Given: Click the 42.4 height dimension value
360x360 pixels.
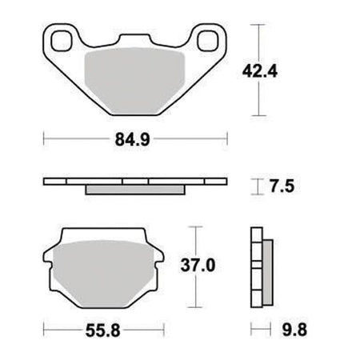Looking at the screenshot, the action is pyautogui.click(x=260, y=71).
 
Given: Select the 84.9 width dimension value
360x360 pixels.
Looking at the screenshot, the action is pyautogui.click(x=132, y=139).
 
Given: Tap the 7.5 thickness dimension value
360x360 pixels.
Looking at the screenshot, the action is pyautogui.click(x=282, y=186).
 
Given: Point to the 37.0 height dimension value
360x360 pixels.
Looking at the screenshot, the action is pyautogui.click(x=198, y=266).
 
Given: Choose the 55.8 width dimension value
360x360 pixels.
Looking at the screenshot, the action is pyautogui.click(x=103, y=331).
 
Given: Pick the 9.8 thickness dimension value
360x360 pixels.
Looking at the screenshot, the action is pyautogui.click(x=294, y=330).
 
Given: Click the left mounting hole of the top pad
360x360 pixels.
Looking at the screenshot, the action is pyautogui.click(x=62, y=41).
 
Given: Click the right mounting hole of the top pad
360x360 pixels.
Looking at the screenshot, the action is pyautogui.click(x=208, y=41).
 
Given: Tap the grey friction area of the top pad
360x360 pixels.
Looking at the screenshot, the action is pyautogui.click(x=134, y=80).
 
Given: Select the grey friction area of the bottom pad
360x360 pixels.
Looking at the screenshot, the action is pyautogui.click(x=103, y=274).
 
